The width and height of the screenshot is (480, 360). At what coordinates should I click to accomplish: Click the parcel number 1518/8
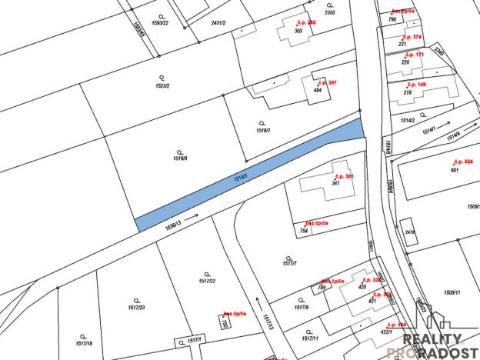(x=181, y=158)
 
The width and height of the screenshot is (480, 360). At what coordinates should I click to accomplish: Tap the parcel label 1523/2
(x=161, y=84)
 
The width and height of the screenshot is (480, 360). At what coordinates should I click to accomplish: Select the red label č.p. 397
(x=326, y=82)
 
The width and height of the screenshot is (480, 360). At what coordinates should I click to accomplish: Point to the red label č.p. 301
(x=344, y=176)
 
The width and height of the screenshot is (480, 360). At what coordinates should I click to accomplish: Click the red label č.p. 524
(x=462, y=162)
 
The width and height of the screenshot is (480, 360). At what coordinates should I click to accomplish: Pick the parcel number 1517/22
(x=205, y=280)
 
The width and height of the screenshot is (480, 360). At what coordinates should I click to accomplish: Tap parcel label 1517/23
(x=137, y=307)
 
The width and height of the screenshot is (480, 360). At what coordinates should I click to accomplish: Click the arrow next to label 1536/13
(x=192, y=218)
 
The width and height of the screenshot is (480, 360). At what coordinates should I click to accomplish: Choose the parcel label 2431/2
(x=218, y=23)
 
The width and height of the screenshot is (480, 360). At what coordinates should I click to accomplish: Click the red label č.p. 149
(x=416, y=84)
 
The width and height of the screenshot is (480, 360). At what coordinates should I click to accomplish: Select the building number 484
(x=317, y=90)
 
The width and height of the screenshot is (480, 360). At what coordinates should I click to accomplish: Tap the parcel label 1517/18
(x=85, y=343)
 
